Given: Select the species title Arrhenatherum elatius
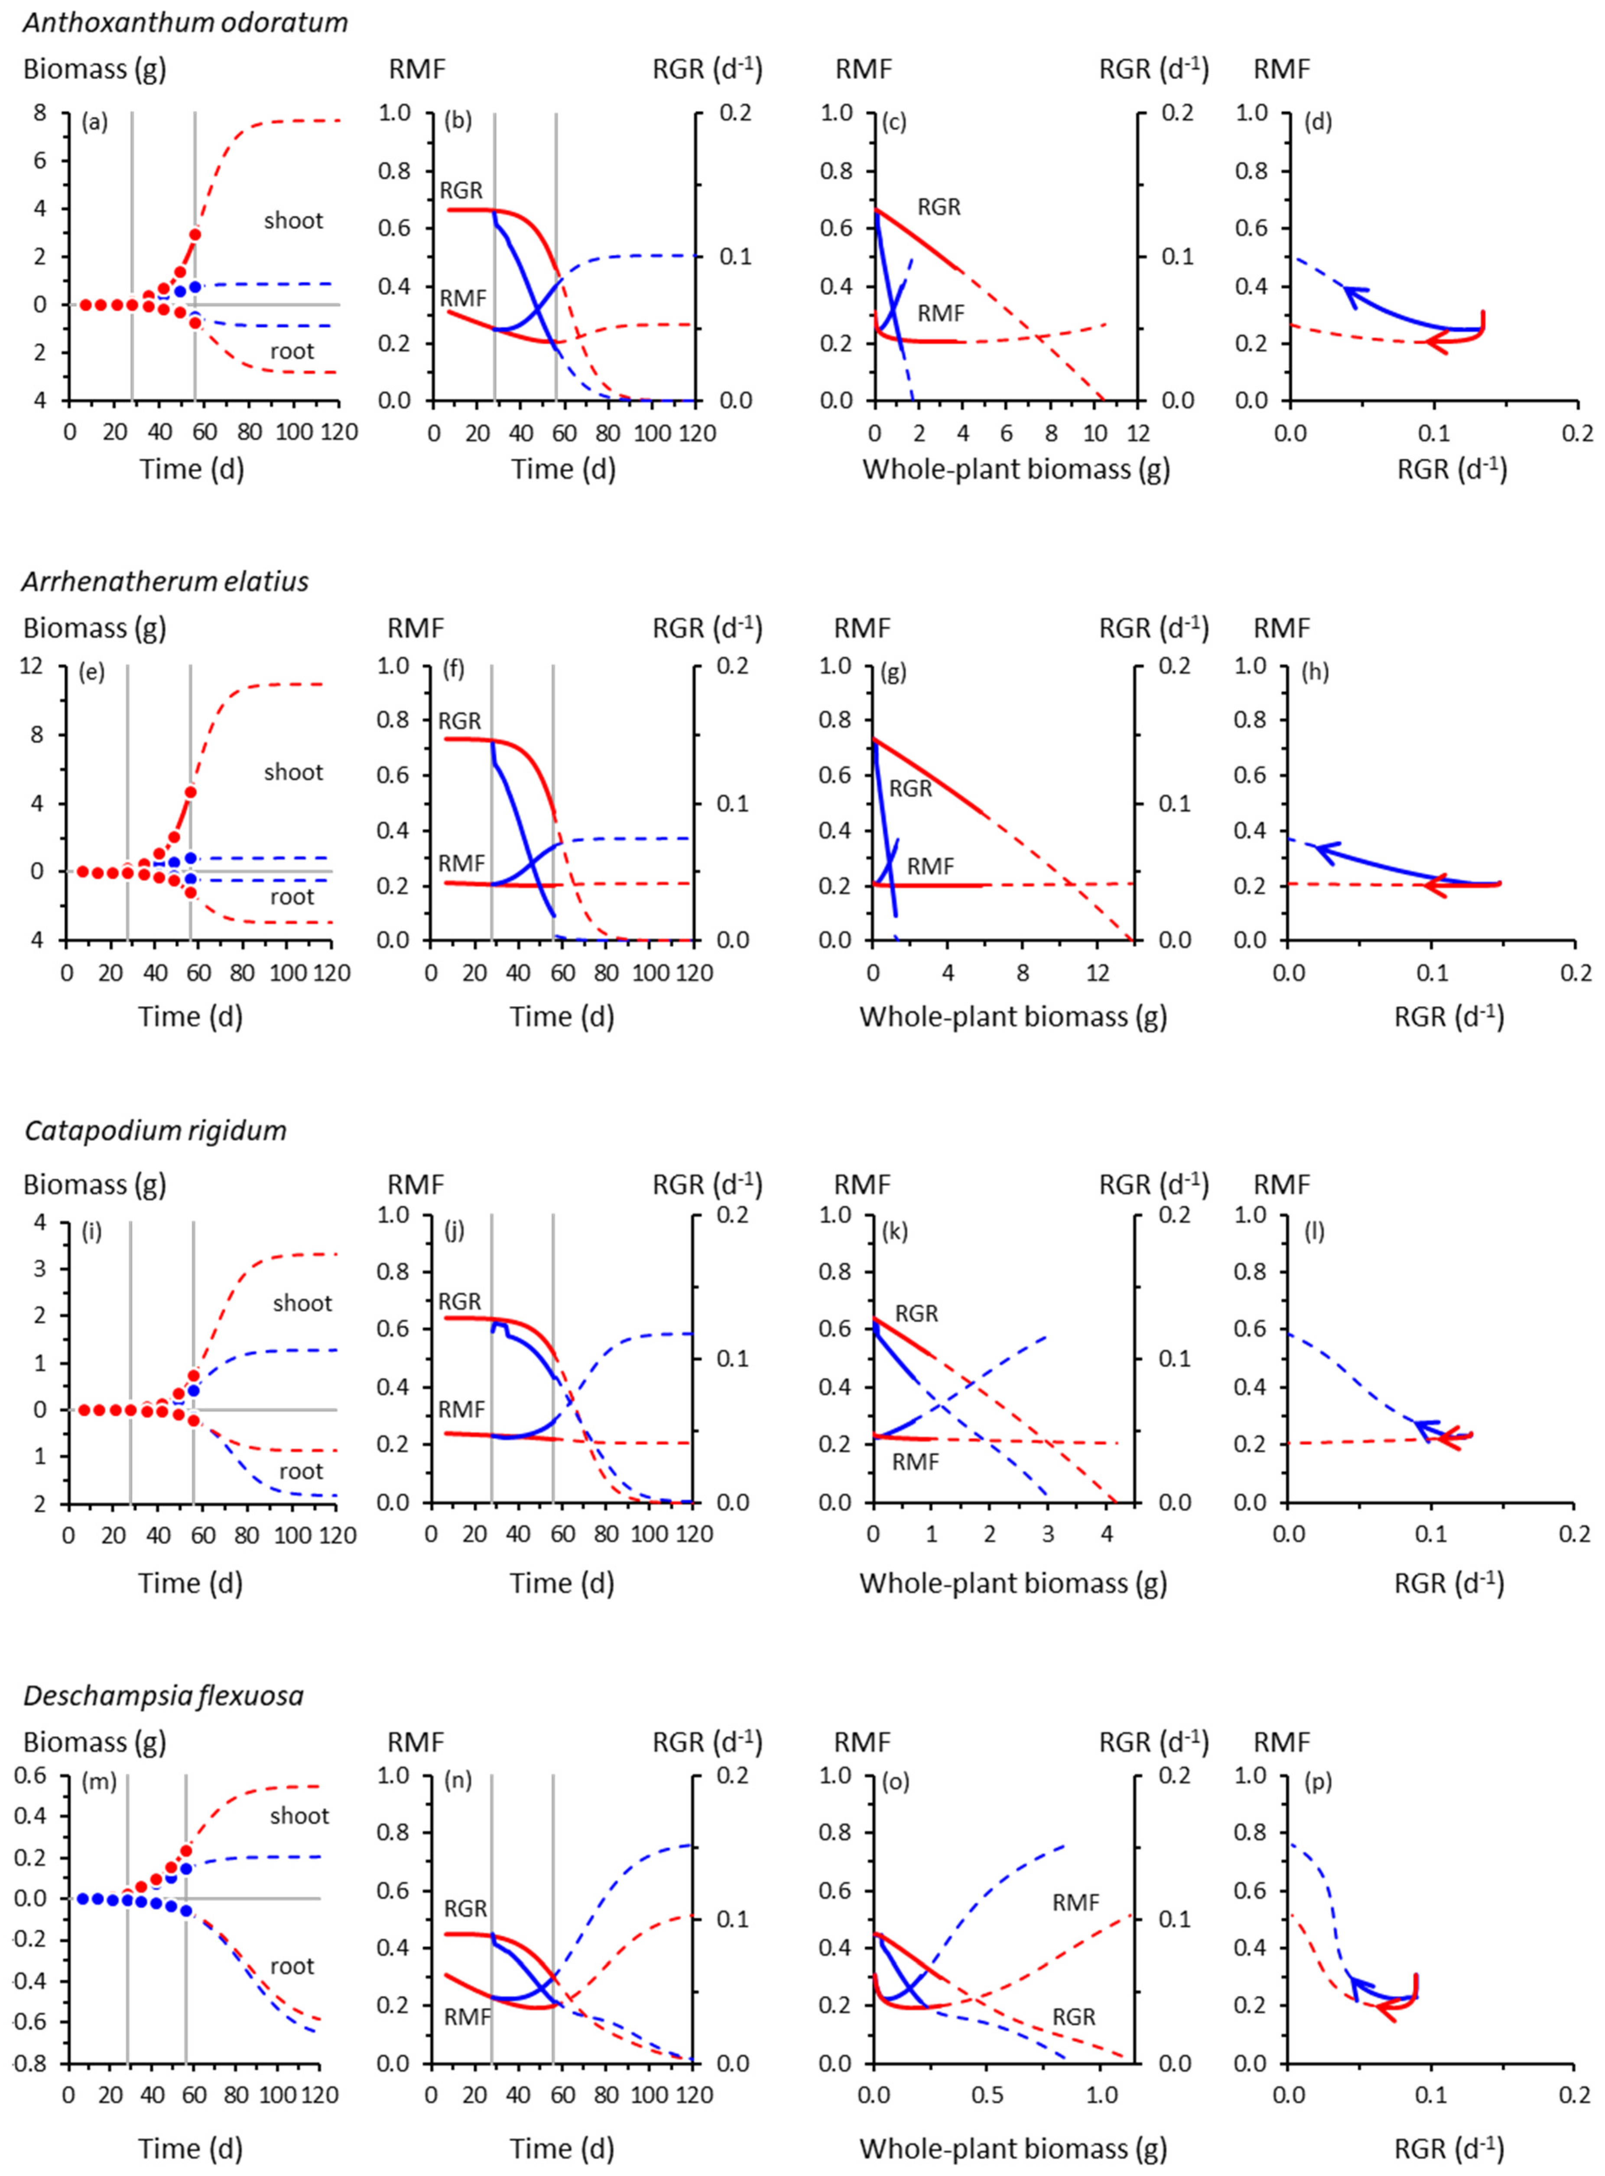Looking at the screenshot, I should click(165, 581).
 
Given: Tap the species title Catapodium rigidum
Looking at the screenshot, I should click(156, 1130).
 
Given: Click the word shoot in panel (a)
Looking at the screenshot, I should click(293, 221).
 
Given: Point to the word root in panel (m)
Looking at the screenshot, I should click(292, 1966).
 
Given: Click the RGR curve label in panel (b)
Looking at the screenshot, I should click(460, 189).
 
